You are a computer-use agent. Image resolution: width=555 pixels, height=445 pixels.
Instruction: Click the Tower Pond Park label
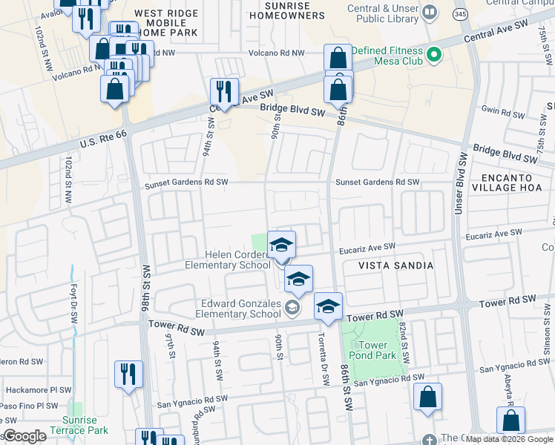372,350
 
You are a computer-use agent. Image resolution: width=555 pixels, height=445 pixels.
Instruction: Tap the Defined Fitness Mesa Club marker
435,55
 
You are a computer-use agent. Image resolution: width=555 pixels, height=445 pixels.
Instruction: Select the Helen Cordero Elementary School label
227,260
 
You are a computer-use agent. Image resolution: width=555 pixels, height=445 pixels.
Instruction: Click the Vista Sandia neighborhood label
395,265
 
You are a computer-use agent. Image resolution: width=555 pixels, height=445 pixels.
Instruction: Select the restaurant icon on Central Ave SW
224,92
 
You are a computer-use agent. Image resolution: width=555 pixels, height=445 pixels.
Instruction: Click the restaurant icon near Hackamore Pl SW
129,375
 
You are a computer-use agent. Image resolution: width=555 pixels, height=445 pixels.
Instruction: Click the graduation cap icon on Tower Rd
327,306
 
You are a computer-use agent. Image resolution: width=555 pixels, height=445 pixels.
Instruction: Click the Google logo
24,436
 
